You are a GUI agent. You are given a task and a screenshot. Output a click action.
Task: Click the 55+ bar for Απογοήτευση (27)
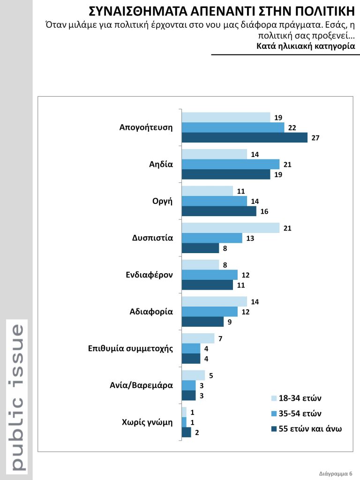tap(244, 137)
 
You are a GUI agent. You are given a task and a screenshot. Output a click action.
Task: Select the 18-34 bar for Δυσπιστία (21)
tap(230, 228)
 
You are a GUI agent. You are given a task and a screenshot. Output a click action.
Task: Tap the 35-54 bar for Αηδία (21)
tap(230, 164)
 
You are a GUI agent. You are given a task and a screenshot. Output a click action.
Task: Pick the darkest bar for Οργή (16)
tap(218, 211)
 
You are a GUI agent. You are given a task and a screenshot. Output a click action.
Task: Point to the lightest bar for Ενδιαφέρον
tap(200, 265)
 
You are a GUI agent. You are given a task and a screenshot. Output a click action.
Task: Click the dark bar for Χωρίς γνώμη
tap(186, 432)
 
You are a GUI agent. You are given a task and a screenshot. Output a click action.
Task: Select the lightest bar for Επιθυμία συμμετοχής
tap(198, 338)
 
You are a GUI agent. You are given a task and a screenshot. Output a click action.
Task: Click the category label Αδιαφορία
tap(151, 311)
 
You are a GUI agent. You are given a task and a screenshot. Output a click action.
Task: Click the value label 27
tap(315, 137)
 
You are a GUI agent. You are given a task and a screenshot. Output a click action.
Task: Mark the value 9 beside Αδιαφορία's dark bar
tap(230, 322)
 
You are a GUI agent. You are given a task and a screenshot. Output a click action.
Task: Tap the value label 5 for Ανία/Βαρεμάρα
tap(211, 375)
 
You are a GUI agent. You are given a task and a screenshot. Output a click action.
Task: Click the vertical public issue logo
tap(16, 397)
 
